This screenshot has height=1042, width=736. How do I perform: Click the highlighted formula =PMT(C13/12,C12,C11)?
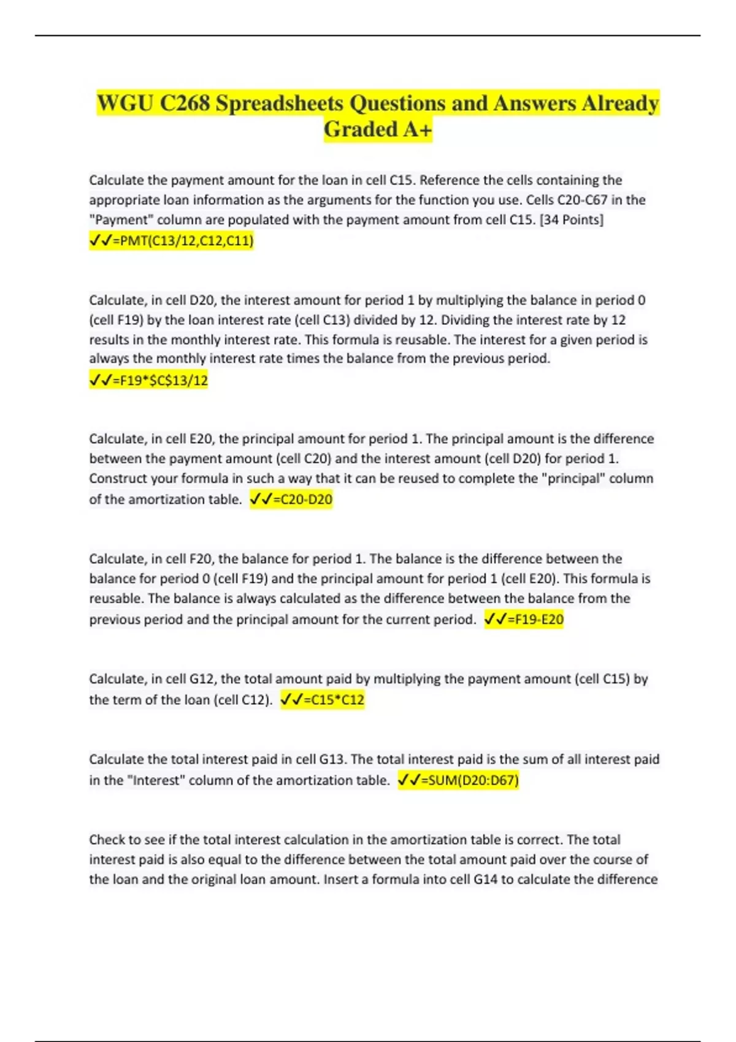(x=183, y=241)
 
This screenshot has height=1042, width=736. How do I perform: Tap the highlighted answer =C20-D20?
(x=302, y=500)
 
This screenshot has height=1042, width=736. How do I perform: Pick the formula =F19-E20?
(x=535, y=620)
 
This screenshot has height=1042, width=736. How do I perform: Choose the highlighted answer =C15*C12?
(x=334, y=700)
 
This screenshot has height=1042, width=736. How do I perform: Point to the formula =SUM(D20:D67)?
(x=469, y=780)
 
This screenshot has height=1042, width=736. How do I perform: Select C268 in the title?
(x=185, y=103)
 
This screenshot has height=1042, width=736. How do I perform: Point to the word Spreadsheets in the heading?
(x=280, y=103)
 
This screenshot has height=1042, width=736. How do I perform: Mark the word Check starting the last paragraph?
(x=107, y=840)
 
